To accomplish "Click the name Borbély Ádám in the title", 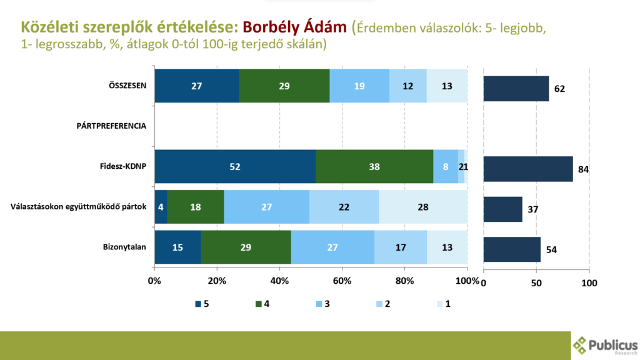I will coord(294,27).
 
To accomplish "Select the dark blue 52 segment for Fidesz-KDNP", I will coord(235,167).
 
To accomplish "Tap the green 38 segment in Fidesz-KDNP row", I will coord(374,167).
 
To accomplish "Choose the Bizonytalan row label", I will coord(126,247).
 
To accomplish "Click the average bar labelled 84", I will coord(527,169).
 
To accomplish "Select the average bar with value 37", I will coord(502,209).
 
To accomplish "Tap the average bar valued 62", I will coord(516,88).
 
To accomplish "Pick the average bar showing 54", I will coord(512,249).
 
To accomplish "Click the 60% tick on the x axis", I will coord(342,281).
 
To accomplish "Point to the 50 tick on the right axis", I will coord(536,283).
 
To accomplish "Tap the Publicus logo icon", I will coord(581,345).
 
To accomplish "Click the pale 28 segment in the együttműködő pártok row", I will coord(423,207).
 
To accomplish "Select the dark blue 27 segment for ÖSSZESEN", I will coord(196,86).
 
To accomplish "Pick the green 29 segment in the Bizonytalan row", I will coord(246,247).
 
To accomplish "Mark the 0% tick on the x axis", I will coord(154,281).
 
